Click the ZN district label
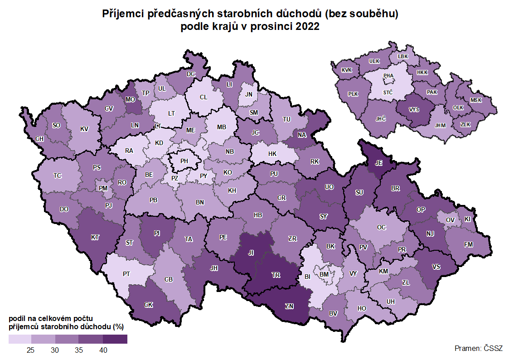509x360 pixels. coord(289,306)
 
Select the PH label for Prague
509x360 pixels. coord(184,161)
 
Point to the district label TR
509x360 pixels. coord(275,275)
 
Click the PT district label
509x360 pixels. coord(127,274)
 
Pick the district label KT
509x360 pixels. coord(95,237)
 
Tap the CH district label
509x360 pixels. coord(39,139)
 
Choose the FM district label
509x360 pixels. coord(468,244)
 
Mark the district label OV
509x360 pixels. coord(450,220)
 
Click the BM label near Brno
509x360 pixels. coord(324,274)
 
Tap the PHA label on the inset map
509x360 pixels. coord(388,76)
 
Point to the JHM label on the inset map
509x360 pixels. coord(440,126)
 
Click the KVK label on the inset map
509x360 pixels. coord(347,70)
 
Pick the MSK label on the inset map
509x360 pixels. coord(476,100)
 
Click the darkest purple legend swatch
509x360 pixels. coord(115,339)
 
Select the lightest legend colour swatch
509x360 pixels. coord(19,339)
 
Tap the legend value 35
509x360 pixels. coord(79,350)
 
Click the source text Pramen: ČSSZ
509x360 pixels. coord(478,348)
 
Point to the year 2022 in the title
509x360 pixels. coord(308,27)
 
